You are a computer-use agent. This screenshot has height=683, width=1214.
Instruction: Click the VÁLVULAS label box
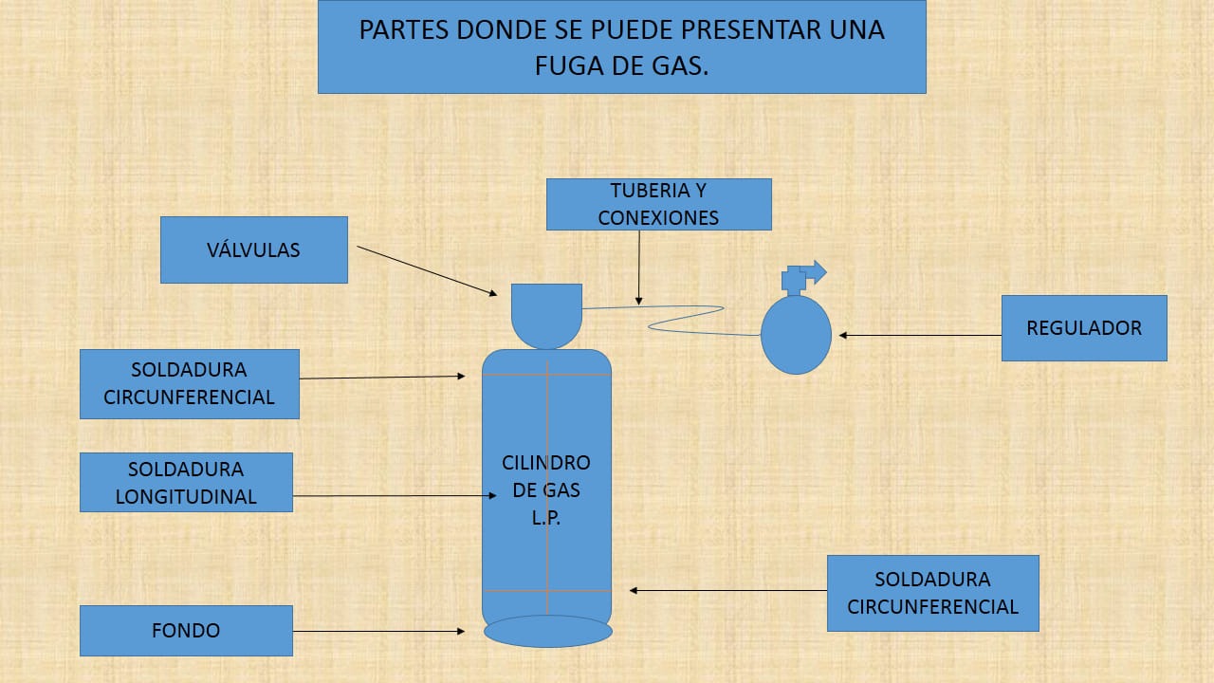click(x=254, y=249)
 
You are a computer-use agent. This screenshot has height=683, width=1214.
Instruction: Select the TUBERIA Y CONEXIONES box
click(x=658, y=204)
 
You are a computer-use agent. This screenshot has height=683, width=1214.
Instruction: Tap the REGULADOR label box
click(x=1084, y=328)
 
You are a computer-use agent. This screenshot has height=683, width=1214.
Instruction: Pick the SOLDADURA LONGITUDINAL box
click(x=186, y=482)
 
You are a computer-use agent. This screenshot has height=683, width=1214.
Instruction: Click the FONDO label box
click(x=186, y=631)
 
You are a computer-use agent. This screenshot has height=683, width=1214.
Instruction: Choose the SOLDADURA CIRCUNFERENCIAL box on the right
click(x=932, y=593)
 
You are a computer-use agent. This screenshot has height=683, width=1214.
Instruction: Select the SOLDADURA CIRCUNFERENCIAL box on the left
click(x=190, y=383)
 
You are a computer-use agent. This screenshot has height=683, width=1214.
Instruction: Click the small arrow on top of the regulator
click(x=814, y=272)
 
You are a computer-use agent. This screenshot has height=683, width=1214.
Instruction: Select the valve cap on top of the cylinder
click(x=546, y=314)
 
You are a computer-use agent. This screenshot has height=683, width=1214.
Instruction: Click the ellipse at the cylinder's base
click(x=547, y=631)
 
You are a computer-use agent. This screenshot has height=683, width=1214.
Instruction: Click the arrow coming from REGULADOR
click(x=920, y=335)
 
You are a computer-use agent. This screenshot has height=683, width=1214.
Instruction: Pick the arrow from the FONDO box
click(x=379, y=631)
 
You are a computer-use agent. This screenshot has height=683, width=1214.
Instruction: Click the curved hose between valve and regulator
click(x=683, y=318)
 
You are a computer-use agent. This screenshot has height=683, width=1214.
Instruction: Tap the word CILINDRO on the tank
click(x=546, y=463)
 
